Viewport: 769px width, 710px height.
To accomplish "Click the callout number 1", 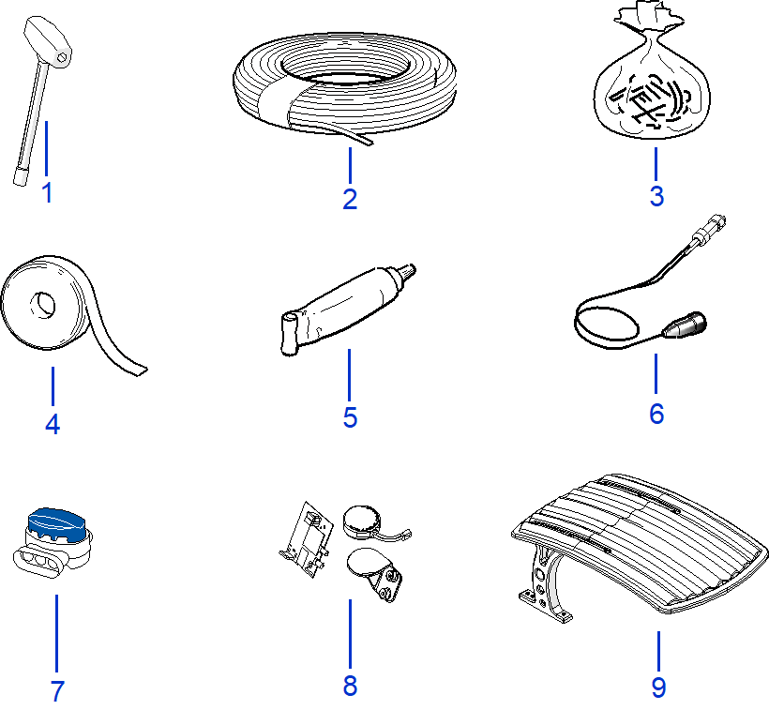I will click(48, 194).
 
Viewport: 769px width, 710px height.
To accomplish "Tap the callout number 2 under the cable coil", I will click(350, 199).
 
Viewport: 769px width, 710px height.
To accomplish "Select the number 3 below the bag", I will click(656, 196).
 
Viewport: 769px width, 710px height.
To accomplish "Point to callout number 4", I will click(53, 424).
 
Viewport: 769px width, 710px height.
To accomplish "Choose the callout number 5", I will click(350, 416).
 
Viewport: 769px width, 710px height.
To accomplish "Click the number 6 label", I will click(656, 414).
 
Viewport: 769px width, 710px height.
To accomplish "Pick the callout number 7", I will click(57, 692).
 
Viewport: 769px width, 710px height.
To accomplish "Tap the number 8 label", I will click(350, 686).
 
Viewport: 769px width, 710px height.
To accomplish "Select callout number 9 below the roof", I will click(658, 687).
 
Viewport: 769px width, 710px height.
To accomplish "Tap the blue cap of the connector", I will click(56, 521).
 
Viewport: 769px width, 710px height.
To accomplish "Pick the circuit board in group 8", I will click(307, 539).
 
